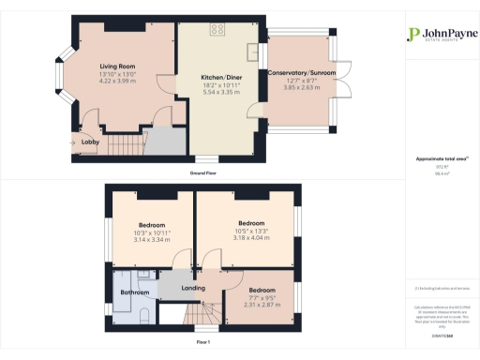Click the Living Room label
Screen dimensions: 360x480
[119, 67]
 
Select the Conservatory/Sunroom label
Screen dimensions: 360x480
[301, 72]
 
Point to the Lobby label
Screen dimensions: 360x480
[91, 142]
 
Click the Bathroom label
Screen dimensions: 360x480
[136, 292]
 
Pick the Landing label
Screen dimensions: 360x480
[193, 288]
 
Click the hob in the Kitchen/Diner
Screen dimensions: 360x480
[217, 29]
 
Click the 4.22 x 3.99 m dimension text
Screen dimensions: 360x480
[119, 81]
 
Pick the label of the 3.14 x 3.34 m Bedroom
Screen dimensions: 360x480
[152, 225]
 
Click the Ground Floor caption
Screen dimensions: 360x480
[203, 174]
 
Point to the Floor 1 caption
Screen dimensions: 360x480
[203, 343]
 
